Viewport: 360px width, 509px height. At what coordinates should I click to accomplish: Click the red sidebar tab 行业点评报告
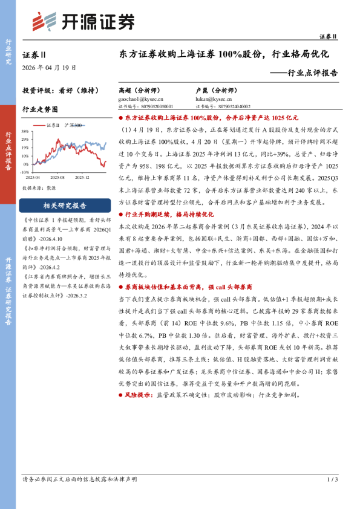click(x=8, y=151)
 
